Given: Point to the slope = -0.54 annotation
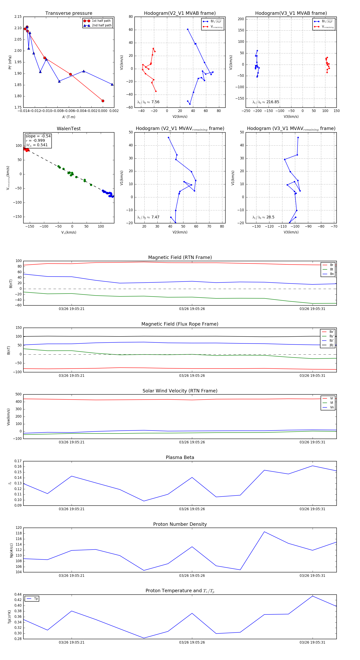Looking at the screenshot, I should click(38, 136).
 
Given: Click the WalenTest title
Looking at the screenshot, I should click(69, 129).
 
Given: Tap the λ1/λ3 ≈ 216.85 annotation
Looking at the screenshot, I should click(266, 102).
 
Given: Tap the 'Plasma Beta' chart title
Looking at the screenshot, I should click(180, 458).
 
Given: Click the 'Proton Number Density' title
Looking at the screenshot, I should click(180, 524).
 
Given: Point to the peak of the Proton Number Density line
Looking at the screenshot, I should click(264, 532).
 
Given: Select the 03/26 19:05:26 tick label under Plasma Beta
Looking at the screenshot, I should click(192, 509).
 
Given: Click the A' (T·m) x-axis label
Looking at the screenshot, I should click(69, 117).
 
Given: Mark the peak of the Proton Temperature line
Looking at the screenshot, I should click(312, 596).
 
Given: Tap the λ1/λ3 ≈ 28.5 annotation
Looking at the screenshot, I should click(263, 217).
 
